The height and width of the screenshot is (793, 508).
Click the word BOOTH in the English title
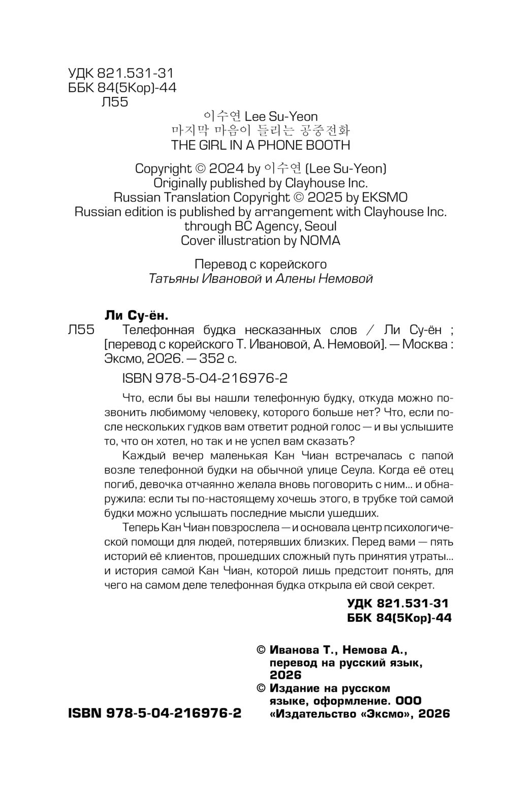pyautogui.click(x=325, y=145)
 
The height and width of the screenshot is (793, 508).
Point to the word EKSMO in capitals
pyautogui.click(x=383, y=197)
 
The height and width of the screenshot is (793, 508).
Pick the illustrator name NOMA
pyautogui.click(x=320, y=240)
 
